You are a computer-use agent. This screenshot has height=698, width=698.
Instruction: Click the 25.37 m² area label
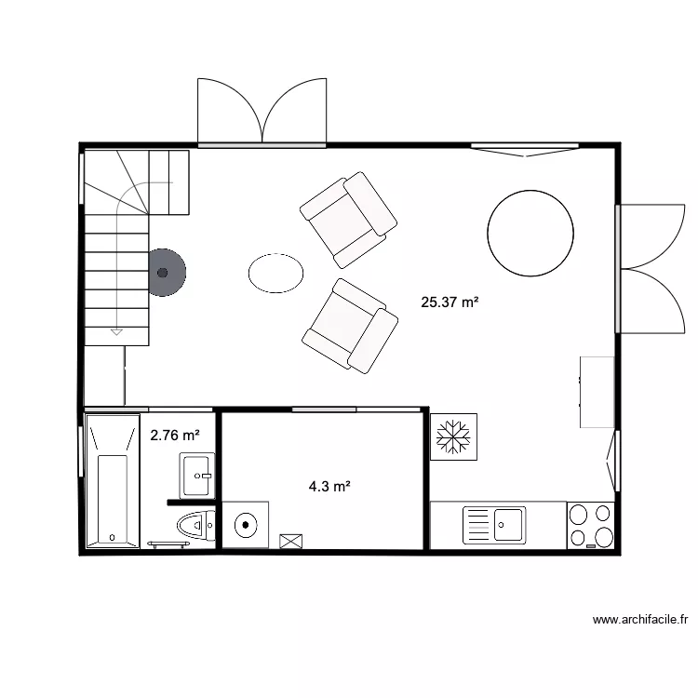coord(450,302)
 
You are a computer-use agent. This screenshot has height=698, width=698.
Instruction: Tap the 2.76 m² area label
coord(175,435)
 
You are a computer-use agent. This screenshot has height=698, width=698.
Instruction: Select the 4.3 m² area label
coord(329,485)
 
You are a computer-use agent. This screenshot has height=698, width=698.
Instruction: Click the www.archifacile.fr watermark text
coord(639,619)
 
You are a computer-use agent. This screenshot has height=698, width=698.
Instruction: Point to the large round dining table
coord(530,233)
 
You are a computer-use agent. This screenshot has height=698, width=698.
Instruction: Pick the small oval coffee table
coord(275,273)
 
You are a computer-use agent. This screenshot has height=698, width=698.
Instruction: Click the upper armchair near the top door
coord(349,220)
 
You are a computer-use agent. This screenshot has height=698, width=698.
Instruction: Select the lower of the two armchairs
coord(350,326)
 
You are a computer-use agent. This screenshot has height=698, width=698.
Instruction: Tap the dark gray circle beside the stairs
coord(165,273)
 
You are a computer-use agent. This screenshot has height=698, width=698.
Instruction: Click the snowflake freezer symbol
coord(454,436)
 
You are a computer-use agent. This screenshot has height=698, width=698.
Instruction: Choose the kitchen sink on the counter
coord(495,525)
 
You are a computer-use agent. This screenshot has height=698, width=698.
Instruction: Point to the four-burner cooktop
coord(590,525)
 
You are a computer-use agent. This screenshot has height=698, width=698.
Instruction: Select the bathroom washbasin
coord(197,475)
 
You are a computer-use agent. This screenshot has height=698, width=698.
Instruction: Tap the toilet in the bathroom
coord(195,526)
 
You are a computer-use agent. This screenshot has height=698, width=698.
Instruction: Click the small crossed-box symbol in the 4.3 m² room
coord(291,540)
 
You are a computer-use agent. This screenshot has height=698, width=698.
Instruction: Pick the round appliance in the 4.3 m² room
coord(246,524)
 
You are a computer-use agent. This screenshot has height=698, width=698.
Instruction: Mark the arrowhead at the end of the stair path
coord(116,329)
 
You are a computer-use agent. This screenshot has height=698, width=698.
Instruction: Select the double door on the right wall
coord(653,268)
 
